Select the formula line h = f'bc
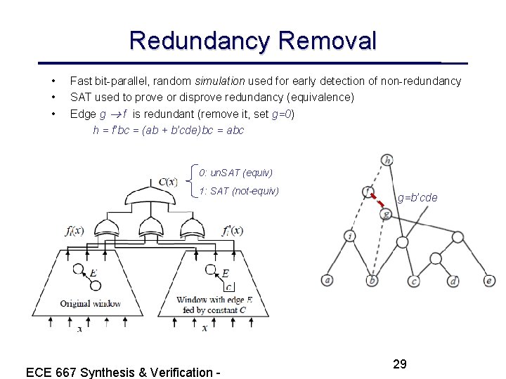169,130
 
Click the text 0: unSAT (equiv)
235,173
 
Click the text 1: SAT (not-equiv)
239,191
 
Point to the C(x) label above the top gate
168,182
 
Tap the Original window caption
91,303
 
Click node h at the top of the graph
387,160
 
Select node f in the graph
368,191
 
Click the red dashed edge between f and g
377,202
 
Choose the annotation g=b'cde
417,198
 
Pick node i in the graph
350,236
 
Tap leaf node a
327,281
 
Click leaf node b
372,281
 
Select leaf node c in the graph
415,281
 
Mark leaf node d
453,281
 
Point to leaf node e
489,281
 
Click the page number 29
400,364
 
